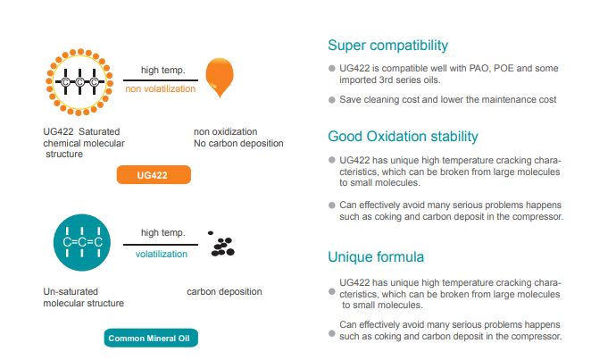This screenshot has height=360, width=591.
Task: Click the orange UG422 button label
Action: [154, 175]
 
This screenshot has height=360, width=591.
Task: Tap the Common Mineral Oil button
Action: [151, 338]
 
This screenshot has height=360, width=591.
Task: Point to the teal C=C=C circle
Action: [82, 242]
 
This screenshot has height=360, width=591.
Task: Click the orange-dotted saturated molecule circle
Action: [79, 82]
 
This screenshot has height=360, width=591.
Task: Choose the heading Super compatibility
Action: [387, 46]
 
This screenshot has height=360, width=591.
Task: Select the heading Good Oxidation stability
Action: [403, 136]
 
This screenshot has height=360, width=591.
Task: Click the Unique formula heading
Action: [376, 256]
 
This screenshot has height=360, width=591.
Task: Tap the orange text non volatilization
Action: [161, 89]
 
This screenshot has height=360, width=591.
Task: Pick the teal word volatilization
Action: [162, 254]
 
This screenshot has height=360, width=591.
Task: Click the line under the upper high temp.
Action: [161, 80]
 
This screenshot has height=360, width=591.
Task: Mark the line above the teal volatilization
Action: [161, 245]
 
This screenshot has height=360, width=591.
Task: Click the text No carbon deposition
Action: [238, 143]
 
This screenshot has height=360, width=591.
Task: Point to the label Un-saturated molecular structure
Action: [83, 297]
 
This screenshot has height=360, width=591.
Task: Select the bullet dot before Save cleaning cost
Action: [332, 100]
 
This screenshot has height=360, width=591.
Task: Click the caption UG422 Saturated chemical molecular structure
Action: [84, 143]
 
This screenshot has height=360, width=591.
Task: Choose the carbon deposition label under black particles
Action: [224, 291]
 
